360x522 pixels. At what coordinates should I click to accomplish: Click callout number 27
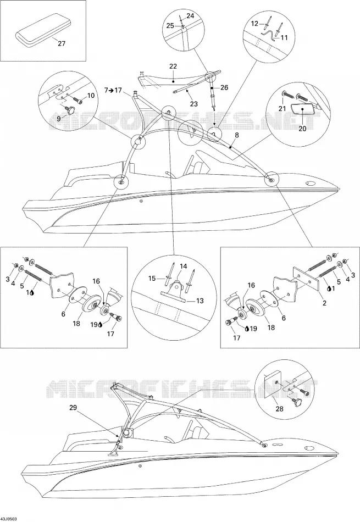[62, 43]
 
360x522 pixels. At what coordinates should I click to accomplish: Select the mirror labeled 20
[302, 109]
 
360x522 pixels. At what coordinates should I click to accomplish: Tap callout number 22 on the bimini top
[173, 66]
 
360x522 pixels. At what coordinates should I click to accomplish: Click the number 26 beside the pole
[224, 87]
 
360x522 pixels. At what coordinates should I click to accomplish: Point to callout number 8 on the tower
[237, 135]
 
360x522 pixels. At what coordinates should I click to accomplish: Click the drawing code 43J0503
[9, 519]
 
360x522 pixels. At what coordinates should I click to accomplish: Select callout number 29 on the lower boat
[74, 407]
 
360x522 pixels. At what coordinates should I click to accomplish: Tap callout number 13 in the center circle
[200, 301]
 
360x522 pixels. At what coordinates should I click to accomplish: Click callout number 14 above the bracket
[183, 266]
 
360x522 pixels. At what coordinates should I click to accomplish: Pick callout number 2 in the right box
[324, 303]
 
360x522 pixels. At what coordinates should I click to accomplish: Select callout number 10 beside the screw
[90, 96]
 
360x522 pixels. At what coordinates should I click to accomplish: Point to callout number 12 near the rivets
[254, 24]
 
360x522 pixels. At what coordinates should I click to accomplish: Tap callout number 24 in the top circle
[190, 16]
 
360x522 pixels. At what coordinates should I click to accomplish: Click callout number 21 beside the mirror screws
[283, 108]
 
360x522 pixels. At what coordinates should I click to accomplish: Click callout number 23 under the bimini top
[194, 104]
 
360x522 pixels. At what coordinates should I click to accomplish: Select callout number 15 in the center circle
[152, 278]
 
